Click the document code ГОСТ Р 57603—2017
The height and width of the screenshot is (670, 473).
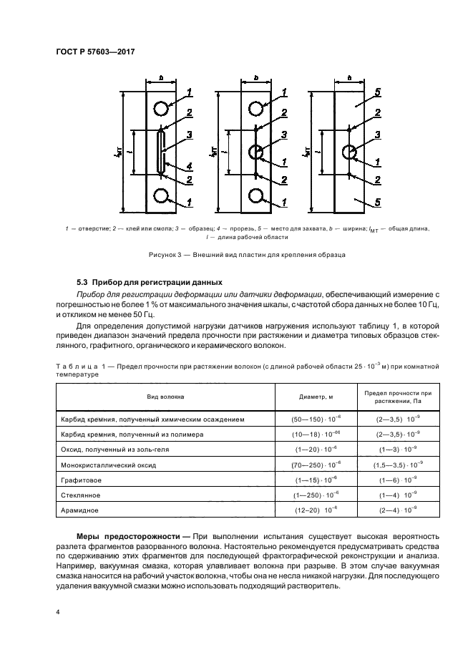[x=95, y=52]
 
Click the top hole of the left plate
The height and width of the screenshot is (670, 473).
[x=160, y=108]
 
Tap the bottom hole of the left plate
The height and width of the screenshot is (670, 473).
[x=160, y=195]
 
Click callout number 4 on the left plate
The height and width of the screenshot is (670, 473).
[x=190, y=167]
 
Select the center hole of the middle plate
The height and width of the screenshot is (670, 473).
[x=256, y=152]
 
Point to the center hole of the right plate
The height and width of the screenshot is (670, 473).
[x=351, y=152]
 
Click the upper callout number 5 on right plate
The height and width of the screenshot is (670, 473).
[x=377, y=92]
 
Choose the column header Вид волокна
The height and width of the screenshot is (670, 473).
[x=166, y=396]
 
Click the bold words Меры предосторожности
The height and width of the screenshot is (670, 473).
[x=123, y=537]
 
